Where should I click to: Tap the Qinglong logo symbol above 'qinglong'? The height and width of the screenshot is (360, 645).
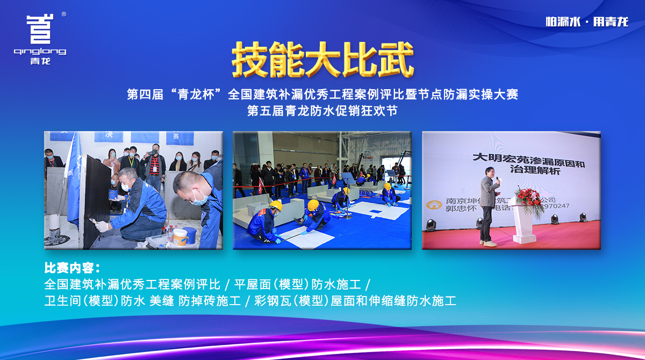coord(40,30)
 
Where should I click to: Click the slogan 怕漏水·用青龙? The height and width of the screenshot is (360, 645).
coord(586,22)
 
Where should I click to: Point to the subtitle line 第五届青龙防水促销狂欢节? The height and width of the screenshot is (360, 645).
coord(322,111)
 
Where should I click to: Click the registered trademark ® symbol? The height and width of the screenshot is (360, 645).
coord(64,15)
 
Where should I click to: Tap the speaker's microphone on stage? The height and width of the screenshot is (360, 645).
coord(497,179)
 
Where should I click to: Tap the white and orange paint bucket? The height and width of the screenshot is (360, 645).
coord(180,236)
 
